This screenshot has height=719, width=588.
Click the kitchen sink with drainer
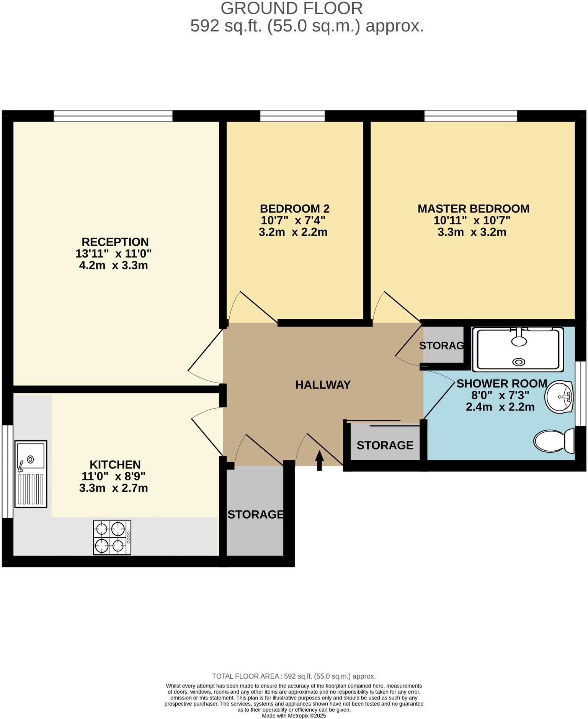pos(31,474)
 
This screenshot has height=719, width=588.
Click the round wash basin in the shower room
pos(559,397)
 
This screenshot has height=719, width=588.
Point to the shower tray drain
pos(519,361)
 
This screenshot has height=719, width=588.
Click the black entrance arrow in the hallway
pos(319,460)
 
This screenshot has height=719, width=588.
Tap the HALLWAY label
pos(323,385)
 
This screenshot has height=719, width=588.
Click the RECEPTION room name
pos(115,242)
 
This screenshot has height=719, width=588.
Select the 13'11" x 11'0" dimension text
pos(113,253)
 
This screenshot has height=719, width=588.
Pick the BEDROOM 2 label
pos(294,208)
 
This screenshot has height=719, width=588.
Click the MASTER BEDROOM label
pos(473,208)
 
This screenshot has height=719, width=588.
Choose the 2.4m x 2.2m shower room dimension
pos(500,407)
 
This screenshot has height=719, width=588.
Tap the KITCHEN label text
pos(115,465)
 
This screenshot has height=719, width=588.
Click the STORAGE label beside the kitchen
pos(255,514)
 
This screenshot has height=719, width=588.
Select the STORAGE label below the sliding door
pos(385,445)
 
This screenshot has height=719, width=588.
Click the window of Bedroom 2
pos(292,115)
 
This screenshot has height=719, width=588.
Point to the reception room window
pos(113,115)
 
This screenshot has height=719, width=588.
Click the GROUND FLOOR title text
pos(291,8)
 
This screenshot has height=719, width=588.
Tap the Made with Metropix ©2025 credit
pos(294,716)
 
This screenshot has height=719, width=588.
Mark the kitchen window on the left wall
pos(7,471)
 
